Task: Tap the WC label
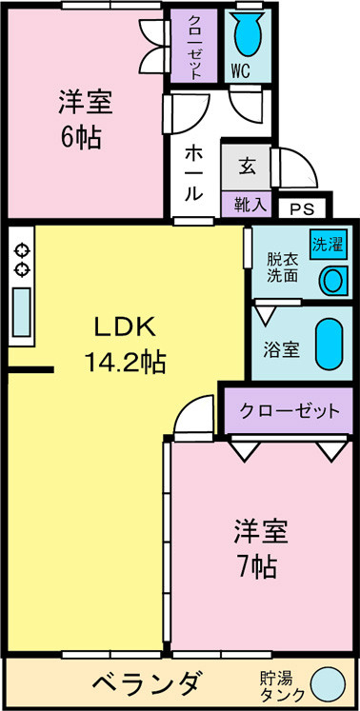(242, 70)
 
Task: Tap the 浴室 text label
(281, 348)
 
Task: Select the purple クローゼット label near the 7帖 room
(289, 411)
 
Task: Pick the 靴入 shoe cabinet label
(247, 203)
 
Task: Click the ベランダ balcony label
(145, 684)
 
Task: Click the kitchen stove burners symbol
(20, 260)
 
